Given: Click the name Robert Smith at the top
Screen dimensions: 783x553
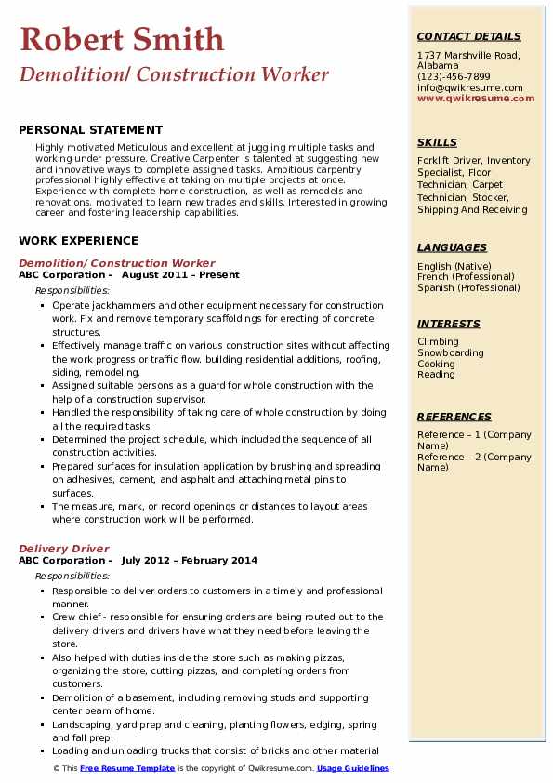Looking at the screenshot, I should click(122, 39).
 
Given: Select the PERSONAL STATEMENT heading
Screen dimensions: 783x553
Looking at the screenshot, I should click(90, 130).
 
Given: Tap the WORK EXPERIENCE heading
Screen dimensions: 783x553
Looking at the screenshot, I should click(78, 240).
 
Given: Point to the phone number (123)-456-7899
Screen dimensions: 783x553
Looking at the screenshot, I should click(454, 77).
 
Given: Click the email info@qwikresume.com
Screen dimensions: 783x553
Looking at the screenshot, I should click(470, 87).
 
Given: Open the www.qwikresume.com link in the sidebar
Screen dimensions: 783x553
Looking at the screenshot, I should click(476, 98).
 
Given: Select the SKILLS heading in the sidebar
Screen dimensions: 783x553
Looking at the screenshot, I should click(437, 143).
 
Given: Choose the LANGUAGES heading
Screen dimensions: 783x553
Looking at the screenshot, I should click(452, 248).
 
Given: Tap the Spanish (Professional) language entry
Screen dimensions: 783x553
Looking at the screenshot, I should click(468, 287).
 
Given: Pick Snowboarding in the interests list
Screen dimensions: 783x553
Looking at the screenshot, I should click(451, 353).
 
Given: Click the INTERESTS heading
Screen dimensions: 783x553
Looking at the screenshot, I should click(449, 325).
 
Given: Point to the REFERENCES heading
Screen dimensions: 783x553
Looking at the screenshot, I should click(454, 418).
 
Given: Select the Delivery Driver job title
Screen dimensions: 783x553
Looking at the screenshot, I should click(64, 549).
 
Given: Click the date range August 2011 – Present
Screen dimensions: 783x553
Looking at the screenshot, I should click(180, 275).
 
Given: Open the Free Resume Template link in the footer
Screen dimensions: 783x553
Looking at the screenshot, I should click(127, 769).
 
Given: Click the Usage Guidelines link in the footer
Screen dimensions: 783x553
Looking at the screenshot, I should click(353, 769).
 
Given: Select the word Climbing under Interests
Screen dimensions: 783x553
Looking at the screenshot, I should click(438, 342).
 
